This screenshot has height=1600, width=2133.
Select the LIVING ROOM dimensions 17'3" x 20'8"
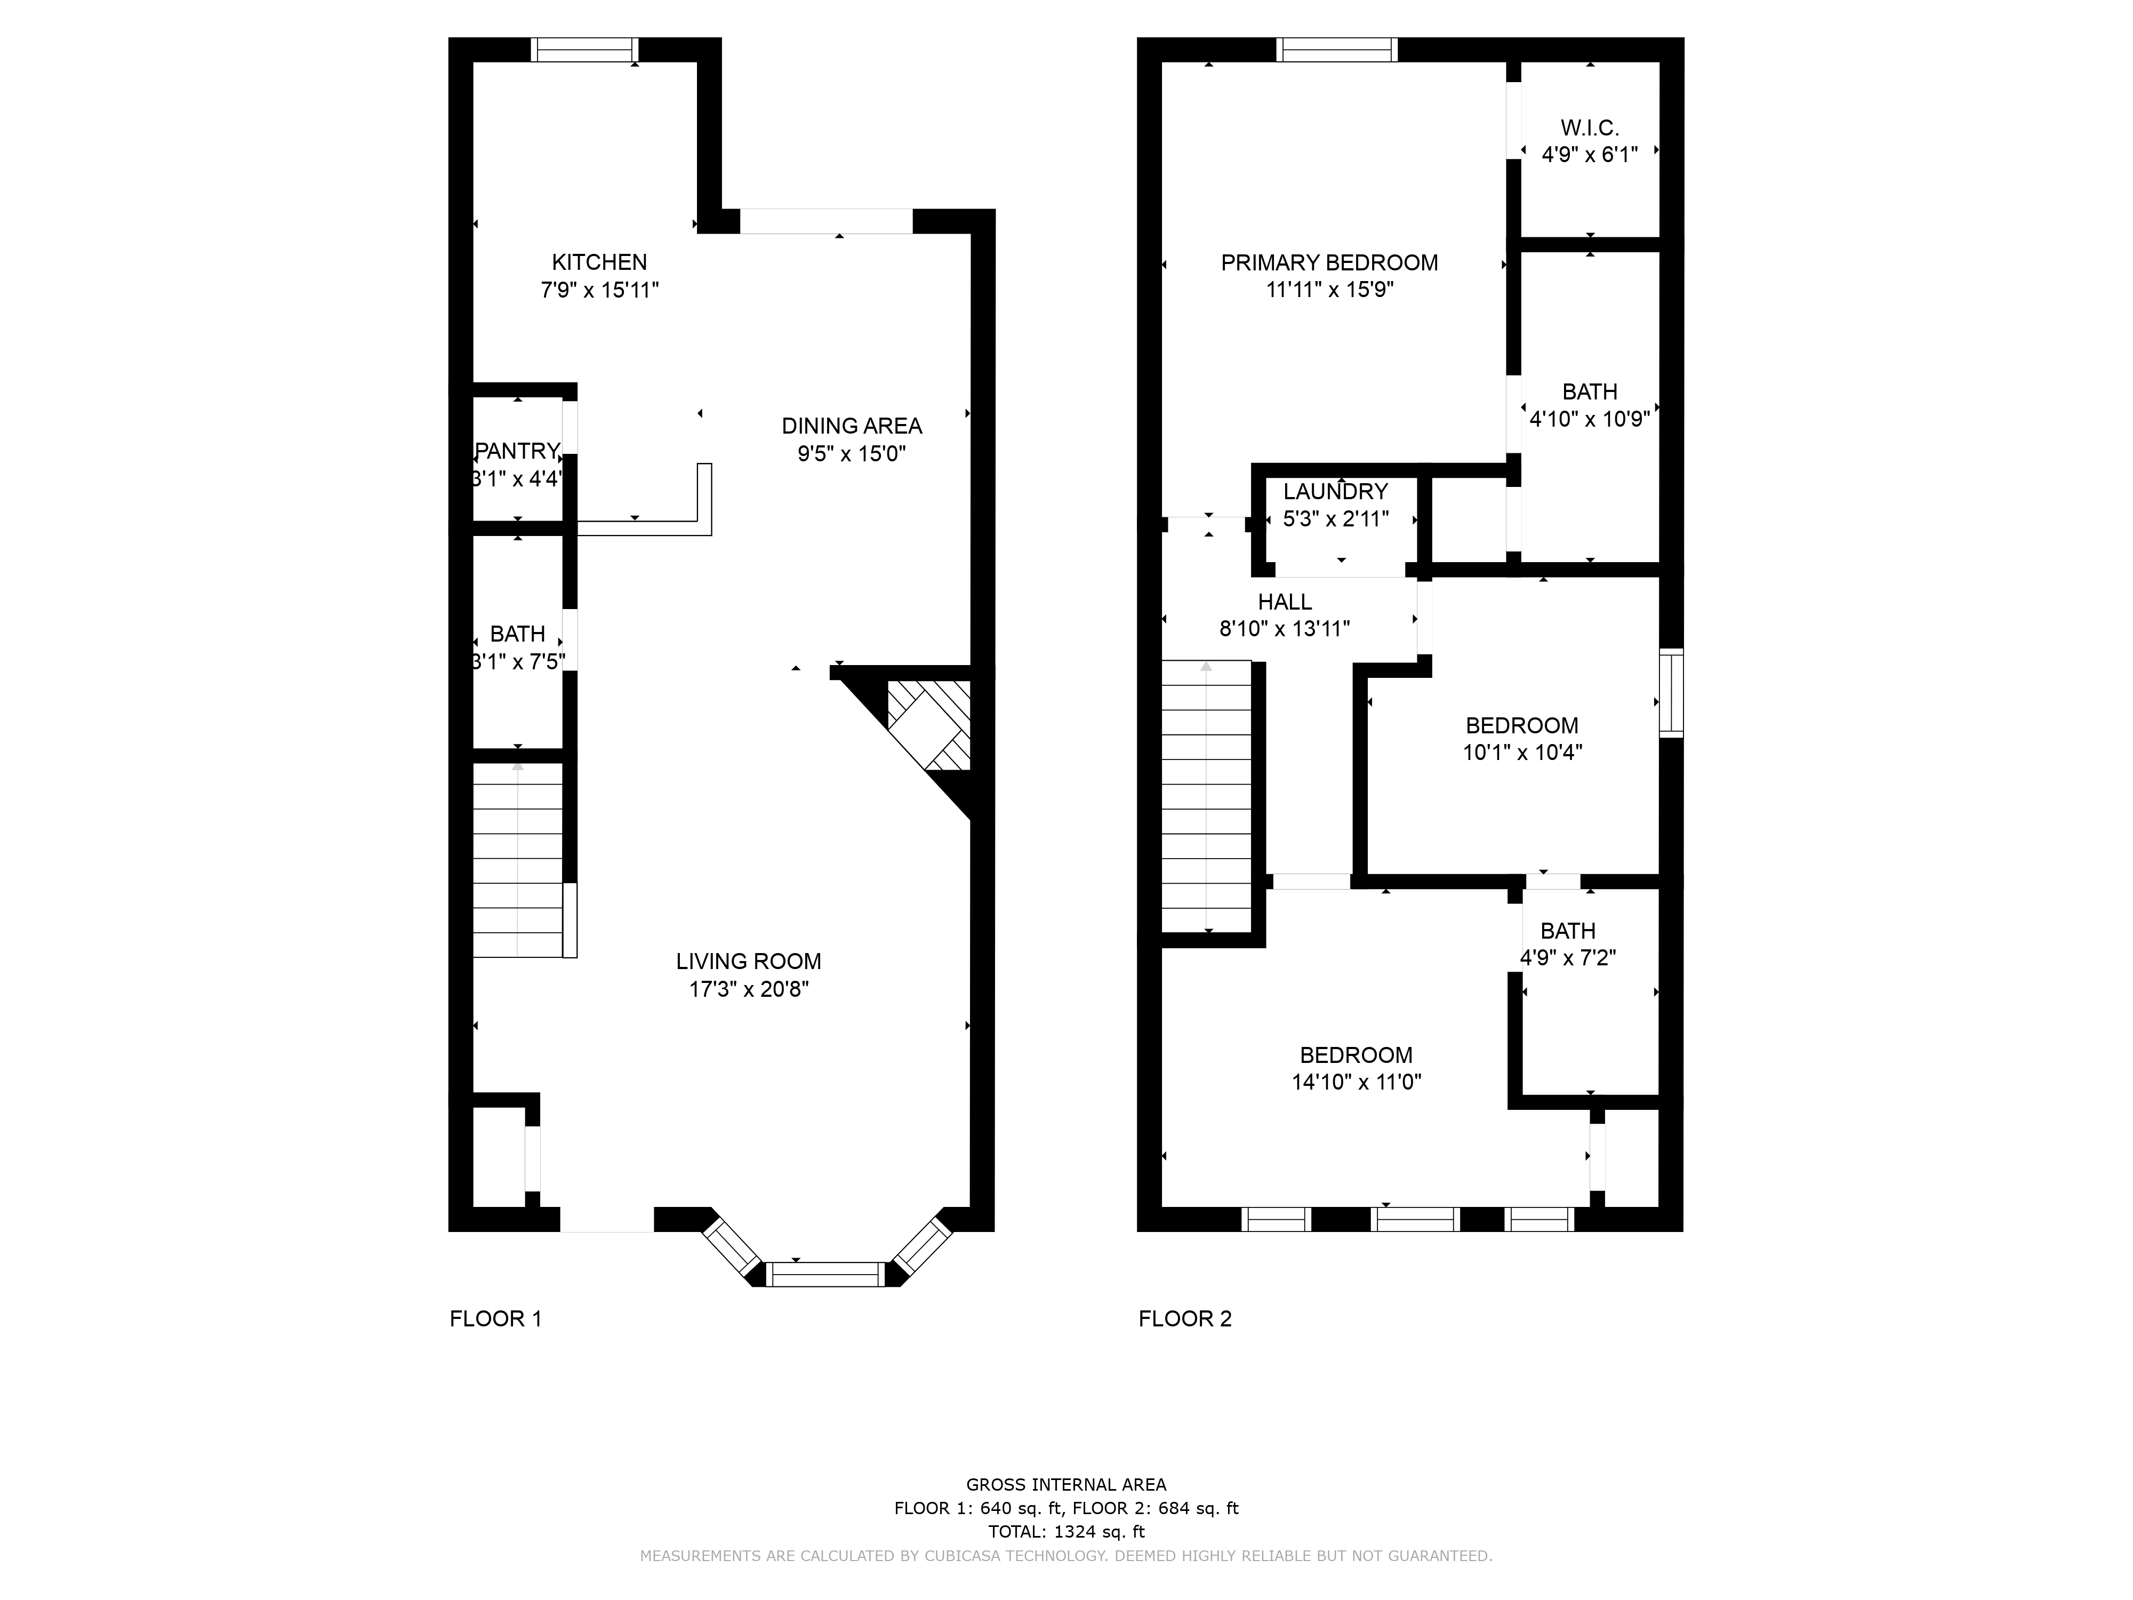click(x=748, y=989)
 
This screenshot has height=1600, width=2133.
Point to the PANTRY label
click(x=518, y=450)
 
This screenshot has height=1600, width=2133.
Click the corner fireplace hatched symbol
click(x=928, y=725)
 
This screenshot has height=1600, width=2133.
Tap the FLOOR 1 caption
click(x=495, y=1318)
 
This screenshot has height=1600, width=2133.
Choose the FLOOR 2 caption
click(x=1185, y=1318)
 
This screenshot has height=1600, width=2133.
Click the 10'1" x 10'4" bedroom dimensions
click(x=1522, y=752)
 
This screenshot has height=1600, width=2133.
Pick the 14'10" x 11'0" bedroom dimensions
click(x=1357, y=1082)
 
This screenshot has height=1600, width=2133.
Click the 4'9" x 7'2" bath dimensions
click(x=1568, y=958)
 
